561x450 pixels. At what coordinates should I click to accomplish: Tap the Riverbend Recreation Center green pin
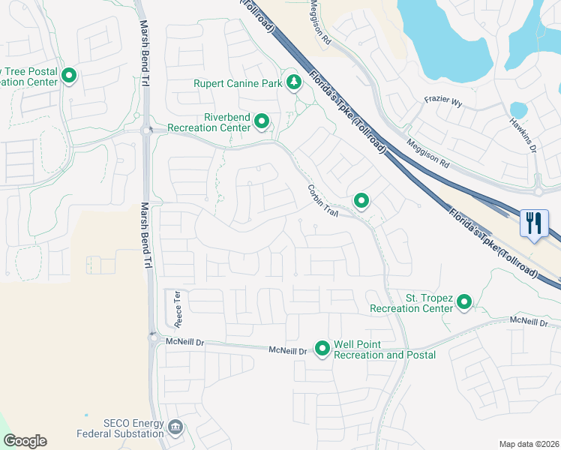(x=262, y=121)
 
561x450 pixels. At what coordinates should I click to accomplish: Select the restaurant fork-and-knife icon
(x=533, y=223)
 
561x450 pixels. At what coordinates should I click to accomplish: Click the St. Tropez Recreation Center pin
(x=464, y=302)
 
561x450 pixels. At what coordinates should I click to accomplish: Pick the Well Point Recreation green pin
(x=322, y=349)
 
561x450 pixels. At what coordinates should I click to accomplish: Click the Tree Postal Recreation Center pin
(x=69, y=76)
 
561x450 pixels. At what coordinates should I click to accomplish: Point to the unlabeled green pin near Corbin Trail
(x=361, y=200)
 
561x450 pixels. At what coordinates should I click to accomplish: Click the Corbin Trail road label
(x=323, y=201)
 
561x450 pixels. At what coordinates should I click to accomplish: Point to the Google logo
(x=25, y=441)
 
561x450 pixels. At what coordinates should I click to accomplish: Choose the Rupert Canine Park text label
(x=238, y=83)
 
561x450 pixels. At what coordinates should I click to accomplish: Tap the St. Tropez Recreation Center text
(x=411, y=303)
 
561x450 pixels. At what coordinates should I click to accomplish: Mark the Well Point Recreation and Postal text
(x=384, y=349)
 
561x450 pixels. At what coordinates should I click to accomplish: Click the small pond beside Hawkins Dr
(x=518, y=109)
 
